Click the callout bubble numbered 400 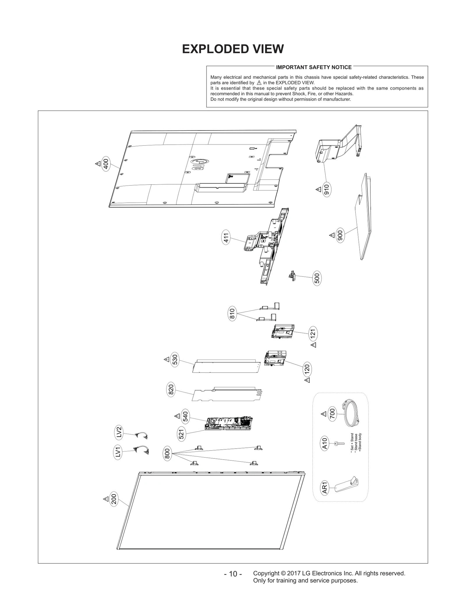106,164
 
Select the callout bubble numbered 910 326,190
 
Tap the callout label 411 226,237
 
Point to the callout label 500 317,278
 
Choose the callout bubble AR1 325,488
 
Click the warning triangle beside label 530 166,359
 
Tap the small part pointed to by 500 292,275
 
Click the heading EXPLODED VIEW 233,49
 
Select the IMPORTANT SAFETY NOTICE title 314,67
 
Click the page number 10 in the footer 233,574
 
